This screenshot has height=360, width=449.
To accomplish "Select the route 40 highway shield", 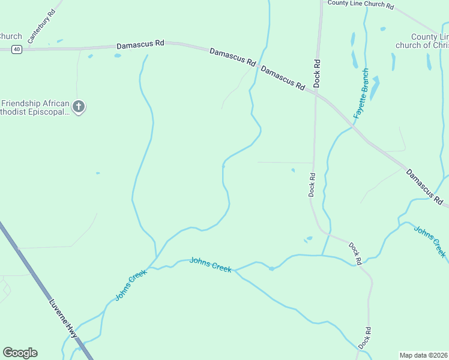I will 16,50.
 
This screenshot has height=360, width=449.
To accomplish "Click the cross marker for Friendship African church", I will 79,107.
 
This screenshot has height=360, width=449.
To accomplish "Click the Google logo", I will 20,353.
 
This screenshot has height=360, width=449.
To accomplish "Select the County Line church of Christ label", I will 423,41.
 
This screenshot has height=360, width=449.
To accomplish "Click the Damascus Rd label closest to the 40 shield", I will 140,44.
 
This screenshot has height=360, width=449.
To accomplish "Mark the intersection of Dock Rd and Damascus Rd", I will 316,92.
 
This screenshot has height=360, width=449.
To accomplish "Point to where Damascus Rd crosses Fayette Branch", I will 352,127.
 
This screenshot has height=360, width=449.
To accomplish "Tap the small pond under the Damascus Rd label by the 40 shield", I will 118,56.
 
